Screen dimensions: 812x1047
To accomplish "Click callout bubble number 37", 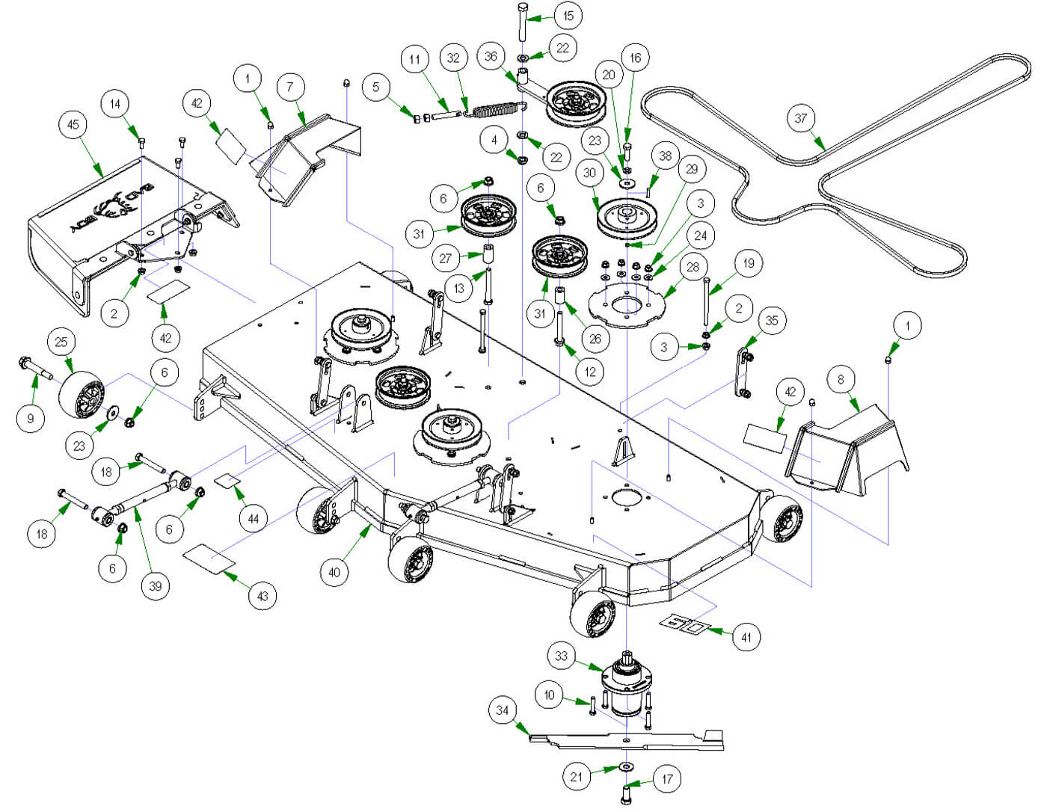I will coord(801,118).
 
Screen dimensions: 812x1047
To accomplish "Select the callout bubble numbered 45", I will coord(73,124).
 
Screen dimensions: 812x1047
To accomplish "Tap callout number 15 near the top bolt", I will coord(568,16).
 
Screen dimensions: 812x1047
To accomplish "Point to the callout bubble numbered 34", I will coord(503,710).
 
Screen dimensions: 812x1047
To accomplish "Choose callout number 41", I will coord(746,637).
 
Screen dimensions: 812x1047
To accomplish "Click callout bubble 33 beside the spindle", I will coord(562,656).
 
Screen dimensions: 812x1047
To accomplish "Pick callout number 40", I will coord(334,573).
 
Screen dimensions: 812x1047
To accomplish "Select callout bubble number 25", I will coord(61,342).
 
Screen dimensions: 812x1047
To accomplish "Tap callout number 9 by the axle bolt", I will coord(31,418).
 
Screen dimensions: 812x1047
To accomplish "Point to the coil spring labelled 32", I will coord(497,110).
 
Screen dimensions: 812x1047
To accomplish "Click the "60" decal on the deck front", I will coord(685,624).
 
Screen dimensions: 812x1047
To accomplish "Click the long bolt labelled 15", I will coord(522,26).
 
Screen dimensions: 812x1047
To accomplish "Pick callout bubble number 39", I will coord(156,585).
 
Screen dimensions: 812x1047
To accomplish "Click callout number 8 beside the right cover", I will coord(841,379).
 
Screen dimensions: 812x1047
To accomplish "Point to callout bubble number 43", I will coord(262,596).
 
